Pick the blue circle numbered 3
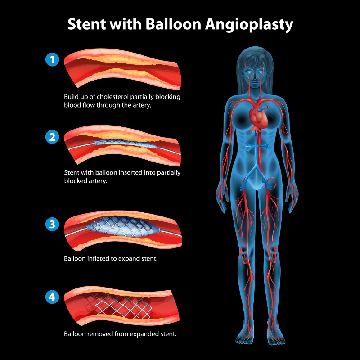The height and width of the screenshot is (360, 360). pos(53,224)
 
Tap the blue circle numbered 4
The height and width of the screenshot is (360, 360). pos(53,297)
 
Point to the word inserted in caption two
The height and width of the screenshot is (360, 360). pos(137,172)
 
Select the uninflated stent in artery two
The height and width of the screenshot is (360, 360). pos(126,144)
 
